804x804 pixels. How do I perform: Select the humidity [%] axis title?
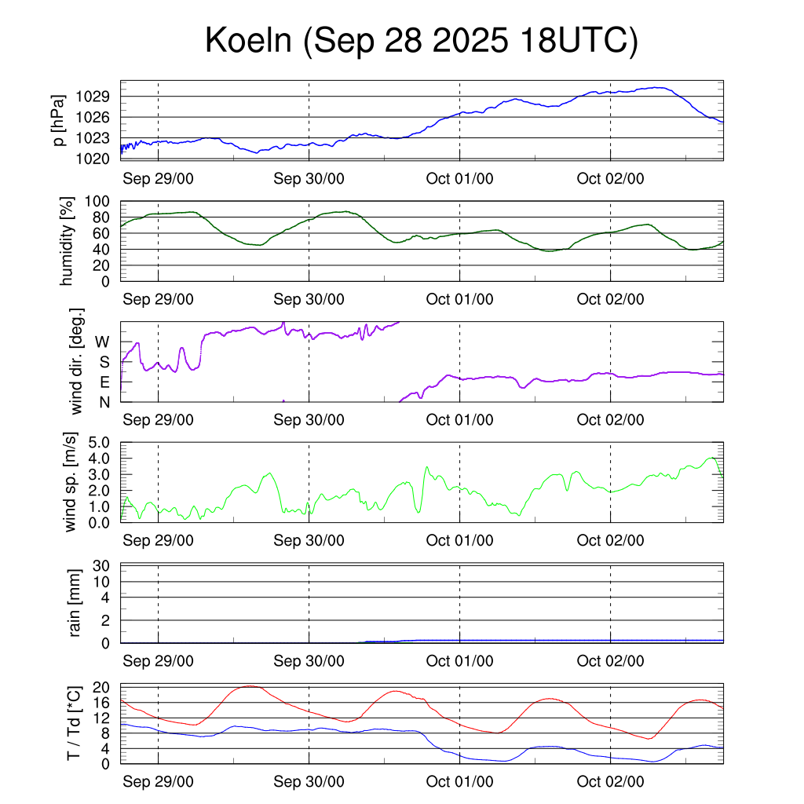[68, 242]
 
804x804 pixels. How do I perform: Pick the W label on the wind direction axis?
[102, 342]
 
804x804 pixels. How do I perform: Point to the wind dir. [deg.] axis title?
[76, 362]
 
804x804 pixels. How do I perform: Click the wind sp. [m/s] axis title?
[72, 483]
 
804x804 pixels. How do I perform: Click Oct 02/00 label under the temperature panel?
[610, 782]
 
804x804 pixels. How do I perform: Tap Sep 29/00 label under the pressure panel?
[158, 178]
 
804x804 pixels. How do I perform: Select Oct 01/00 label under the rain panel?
[459, 661]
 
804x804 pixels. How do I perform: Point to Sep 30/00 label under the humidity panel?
[309, 299]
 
